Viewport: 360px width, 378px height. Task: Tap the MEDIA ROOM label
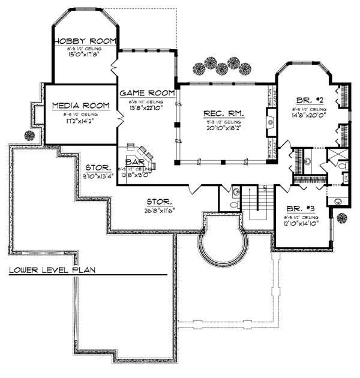pos(81,106)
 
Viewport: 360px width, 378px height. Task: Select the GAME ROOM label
pos(147,93)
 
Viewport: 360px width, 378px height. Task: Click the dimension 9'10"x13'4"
pos(97,176)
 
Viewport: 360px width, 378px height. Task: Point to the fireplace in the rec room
pos(271,125)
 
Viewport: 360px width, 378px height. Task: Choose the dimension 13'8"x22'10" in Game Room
pos(147,107)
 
